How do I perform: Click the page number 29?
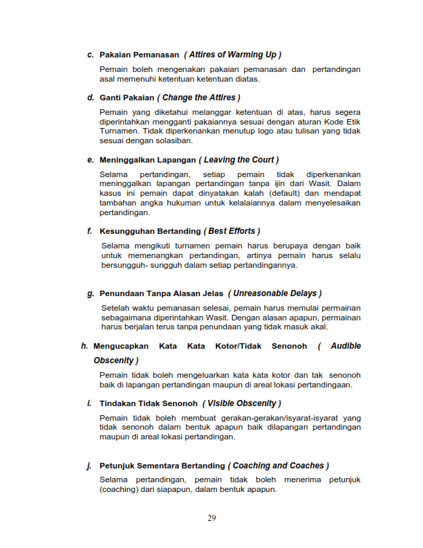211,519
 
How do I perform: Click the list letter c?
90,55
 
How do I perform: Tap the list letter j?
89,466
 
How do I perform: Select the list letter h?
84,346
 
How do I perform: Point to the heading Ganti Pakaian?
126,98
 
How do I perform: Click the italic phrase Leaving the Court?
238,160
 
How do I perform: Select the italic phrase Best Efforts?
232,231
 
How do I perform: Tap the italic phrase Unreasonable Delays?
276,293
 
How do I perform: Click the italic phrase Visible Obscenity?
241,403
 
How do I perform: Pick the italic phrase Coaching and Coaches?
279,466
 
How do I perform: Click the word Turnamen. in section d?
120,131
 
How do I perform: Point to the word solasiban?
171,140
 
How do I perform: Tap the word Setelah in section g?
115,307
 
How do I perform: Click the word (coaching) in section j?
122,490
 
